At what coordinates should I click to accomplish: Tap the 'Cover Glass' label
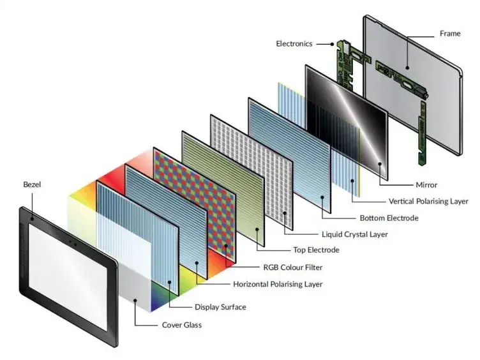coord(182,325)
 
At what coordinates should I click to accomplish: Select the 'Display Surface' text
coord(220,307)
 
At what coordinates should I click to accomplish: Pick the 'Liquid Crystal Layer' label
coord(357,234)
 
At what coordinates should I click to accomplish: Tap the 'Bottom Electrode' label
coord(389,218)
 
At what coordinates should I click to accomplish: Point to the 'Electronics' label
coord(294,44)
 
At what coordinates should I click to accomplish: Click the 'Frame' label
coord(449,33)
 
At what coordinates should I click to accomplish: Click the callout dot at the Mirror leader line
coord(380,163)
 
